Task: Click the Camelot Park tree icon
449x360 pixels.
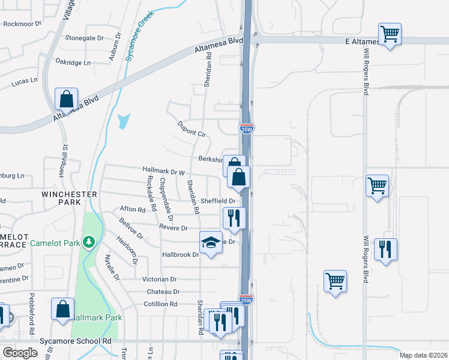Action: coord(89,242)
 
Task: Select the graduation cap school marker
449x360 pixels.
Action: coord(210,242)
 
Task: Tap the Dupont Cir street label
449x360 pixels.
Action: coord(191,129)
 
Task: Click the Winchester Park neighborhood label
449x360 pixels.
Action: coord(70,198)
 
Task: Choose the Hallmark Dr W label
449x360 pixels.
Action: coord(163,172)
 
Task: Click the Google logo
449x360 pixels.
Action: coord(20,352)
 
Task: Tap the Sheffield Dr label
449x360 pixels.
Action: coord(218,201)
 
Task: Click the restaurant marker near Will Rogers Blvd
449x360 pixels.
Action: coord(385,248)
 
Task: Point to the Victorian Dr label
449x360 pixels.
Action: coord(159,279)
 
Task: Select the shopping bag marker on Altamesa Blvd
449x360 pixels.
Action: coord(66,98)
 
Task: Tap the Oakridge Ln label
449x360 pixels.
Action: coord(73,62)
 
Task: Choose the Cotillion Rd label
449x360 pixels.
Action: coord(161,304)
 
